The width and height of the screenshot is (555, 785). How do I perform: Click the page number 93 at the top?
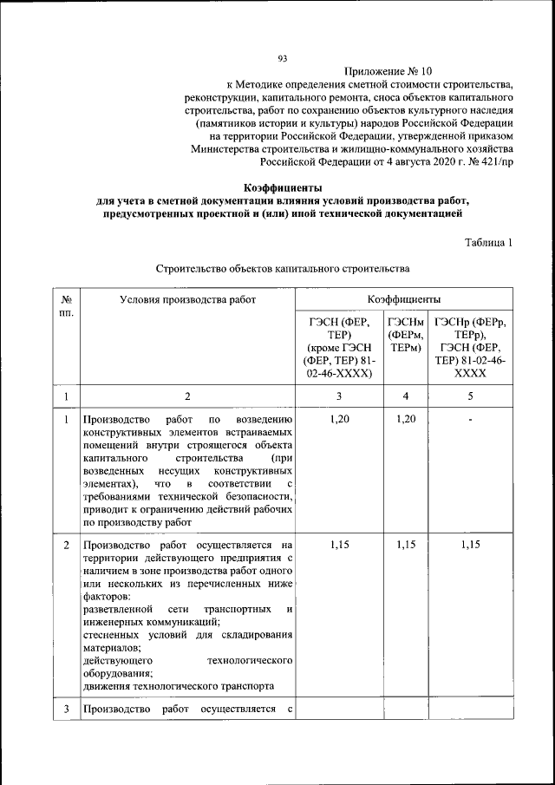[282, 58]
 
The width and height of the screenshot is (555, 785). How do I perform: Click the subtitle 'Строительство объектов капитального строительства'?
[282, 270]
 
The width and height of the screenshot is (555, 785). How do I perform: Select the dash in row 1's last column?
[470, 420]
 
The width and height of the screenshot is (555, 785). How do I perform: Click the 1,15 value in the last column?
[470, 545]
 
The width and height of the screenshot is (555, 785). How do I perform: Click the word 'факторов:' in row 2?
[108, 598]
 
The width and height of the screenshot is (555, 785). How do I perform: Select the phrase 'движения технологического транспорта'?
[179, 686]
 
